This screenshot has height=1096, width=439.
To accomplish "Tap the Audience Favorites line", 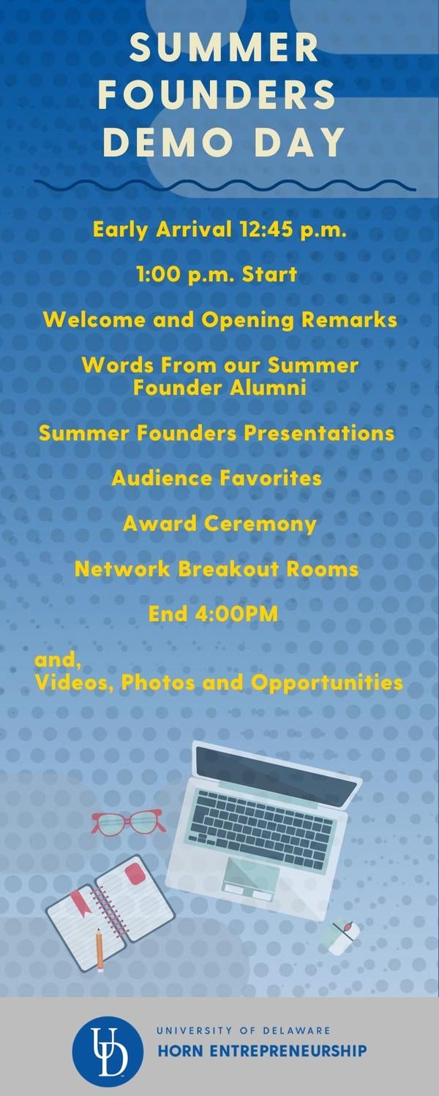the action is (217, 478).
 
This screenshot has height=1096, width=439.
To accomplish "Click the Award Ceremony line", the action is (219, 524).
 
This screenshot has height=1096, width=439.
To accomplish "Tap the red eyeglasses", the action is (128, 821).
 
